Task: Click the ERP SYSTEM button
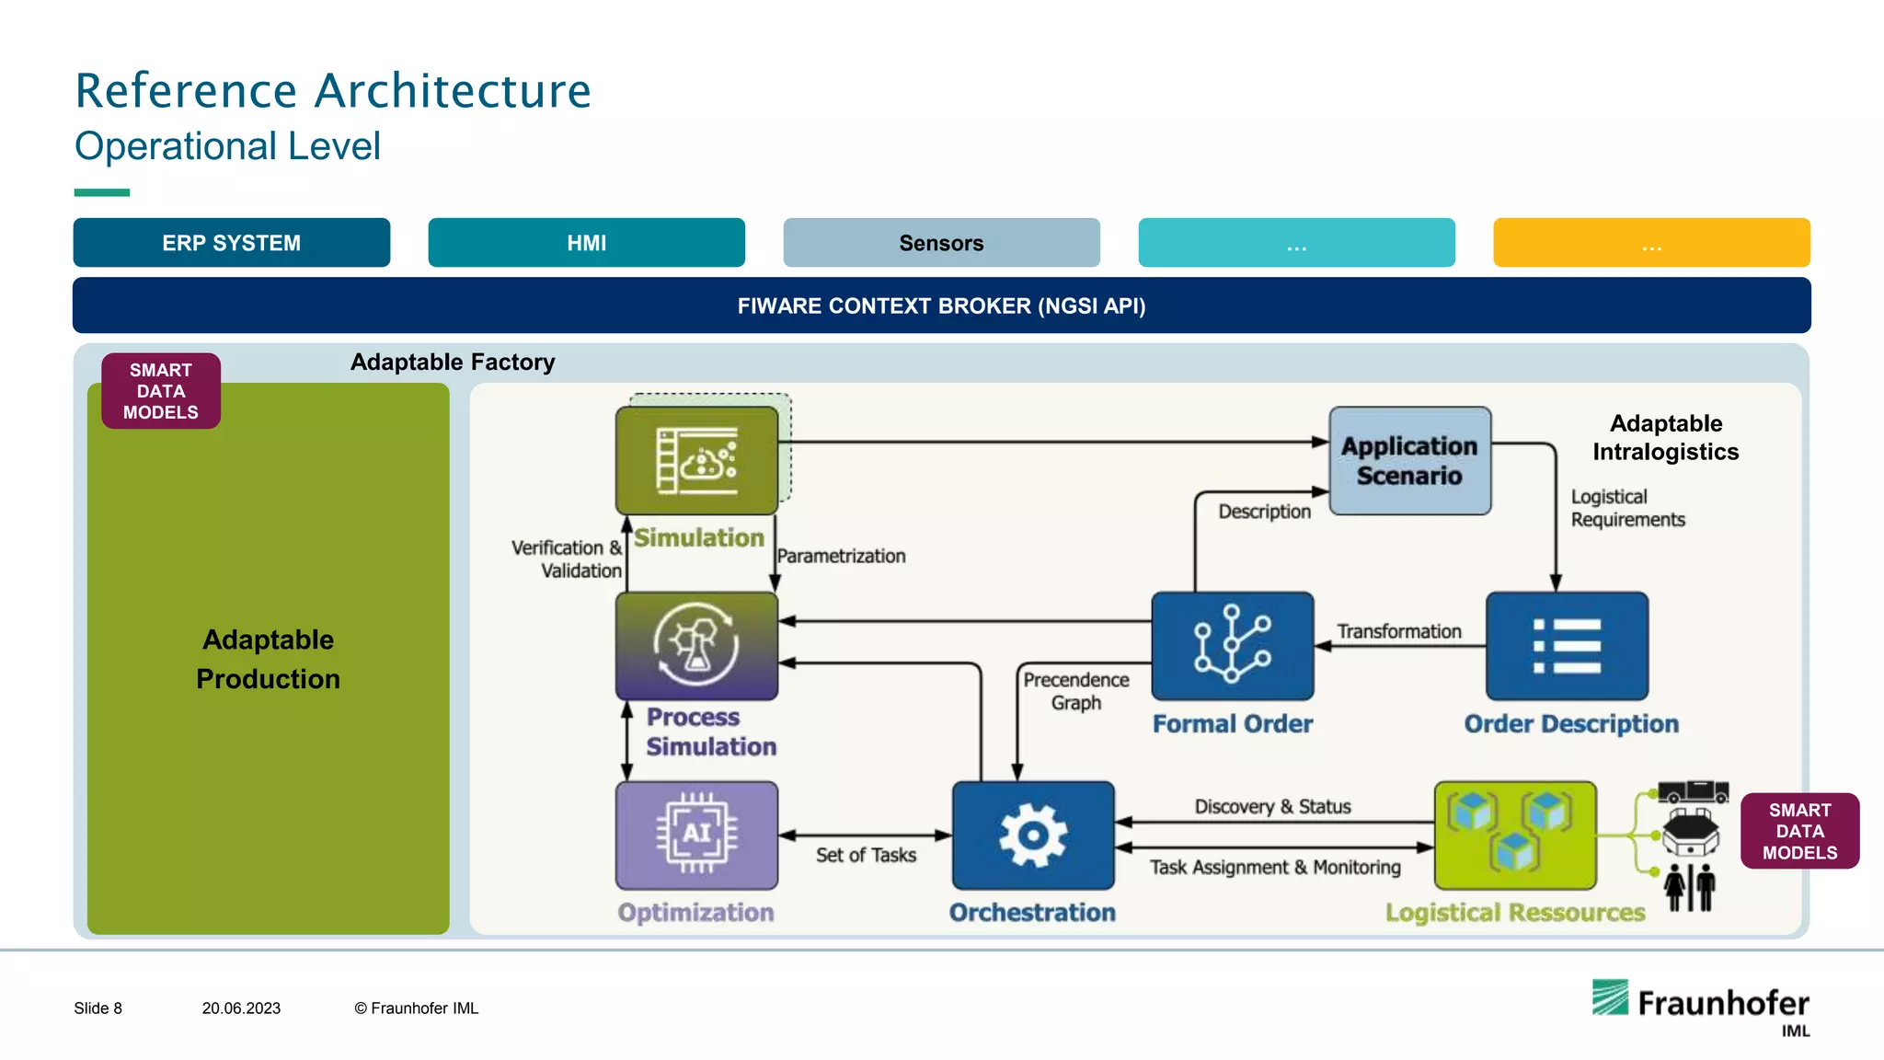pyautogui.click(x=232, y=243)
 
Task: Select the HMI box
pyautogui.click(x=586, y=243)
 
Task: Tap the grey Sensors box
pyautogui.click(x=941, y=243)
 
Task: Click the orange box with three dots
pyautogui.click(x=1651, y=243)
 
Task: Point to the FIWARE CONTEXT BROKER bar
pyautogui.click(x=941, y=305)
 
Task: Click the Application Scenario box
pyautogui.click(x=1409, y=460)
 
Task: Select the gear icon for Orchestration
pyautogui.click(x=1033, y=835)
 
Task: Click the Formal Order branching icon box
pyautogui.click(x=1232, y=646)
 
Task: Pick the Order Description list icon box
pyautogui.click(x=1567, y=646)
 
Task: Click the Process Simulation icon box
pyautogui.click(x=696, y=645)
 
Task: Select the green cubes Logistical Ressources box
pyautogui.click(x=1515, y=835)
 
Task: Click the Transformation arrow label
pyautogui.click(x=1398, y=631)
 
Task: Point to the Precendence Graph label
pyautogui.click(x=1075, y=691)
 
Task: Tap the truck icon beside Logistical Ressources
pyautogui.click(x=1693, y=790)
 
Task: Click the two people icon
pyautogui.click(x=1690, y=888)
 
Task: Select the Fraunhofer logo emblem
pyautogui.click(x=1611, y=997)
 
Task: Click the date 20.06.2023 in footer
pyautogui.click(x=241, y=1008)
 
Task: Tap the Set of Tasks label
pyautogui.click(x=866, y=856)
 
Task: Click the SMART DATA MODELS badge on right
pyautogui.click(x=1799, y=831)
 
